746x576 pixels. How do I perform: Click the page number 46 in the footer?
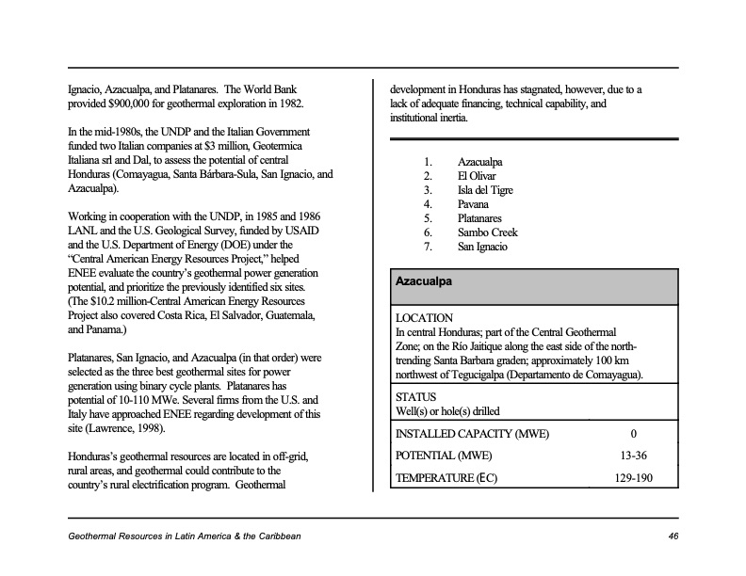tap(673, 536)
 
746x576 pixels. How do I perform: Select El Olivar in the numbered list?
tap(477, 176)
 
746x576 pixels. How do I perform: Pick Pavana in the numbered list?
tap(473, 204)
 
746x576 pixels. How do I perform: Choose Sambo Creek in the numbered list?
tap(487, 232)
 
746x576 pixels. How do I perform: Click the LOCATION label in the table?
tap(424, 318)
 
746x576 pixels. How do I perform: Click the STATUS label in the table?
tap(415, 397)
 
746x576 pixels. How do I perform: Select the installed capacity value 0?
tap(633, 434)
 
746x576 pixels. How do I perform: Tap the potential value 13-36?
tap(633, 456)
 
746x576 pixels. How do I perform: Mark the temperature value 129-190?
tap(633, 477)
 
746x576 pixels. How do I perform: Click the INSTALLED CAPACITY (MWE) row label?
tap(472, 434)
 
